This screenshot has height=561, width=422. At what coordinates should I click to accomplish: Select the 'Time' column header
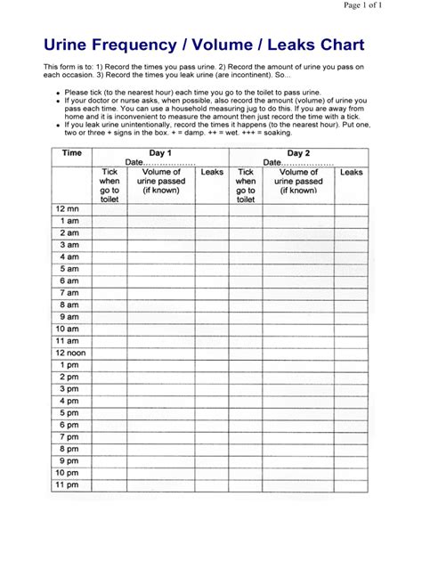tap(70, 153)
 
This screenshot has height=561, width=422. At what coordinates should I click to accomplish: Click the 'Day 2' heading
tap(298, 153)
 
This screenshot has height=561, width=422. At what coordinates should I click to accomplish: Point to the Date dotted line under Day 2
tap(308, 163)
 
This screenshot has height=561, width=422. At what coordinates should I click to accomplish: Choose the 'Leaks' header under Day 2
tap(351, 173)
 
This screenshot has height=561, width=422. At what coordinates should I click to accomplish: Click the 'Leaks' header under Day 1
tap(212, 173)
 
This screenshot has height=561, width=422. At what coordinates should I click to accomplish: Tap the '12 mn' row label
tap(69, 207)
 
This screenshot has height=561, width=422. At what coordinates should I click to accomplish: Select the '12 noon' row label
tap(71, 353)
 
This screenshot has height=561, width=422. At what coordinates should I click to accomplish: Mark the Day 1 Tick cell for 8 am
tap(110, 304)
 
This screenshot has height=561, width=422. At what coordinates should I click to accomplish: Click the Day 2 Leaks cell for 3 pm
tap(351, 389)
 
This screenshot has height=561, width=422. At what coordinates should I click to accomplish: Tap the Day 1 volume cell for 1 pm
tap(161, 365)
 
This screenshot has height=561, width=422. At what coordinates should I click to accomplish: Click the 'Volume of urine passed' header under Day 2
tap(298, 181)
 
